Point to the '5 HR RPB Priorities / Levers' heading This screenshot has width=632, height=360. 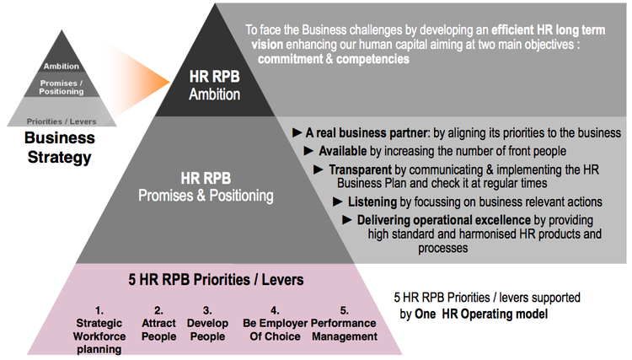point(221,280)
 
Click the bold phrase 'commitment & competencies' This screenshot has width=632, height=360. point(334,60)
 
